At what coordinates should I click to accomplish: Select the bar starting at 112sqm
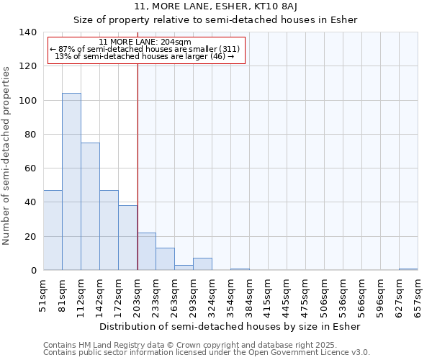90,207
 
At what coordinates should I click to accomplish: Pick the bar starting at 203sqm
146,251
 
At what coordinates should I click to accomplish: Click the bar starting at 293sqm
202,264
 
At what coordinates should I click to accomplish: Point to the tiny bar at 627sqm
408,269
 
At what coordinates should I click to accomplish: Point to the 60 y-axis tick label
30,168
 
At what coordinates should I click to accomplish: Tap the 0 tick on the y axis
33,271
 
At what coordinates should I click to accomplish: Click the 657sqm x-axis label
418,297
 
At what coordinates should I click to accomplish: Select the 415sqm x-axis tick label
268,297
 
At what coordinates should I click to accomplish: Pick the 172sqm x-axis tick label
118,297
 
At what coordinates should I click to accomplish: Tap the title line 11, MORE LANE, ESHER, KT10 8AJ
216,7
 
